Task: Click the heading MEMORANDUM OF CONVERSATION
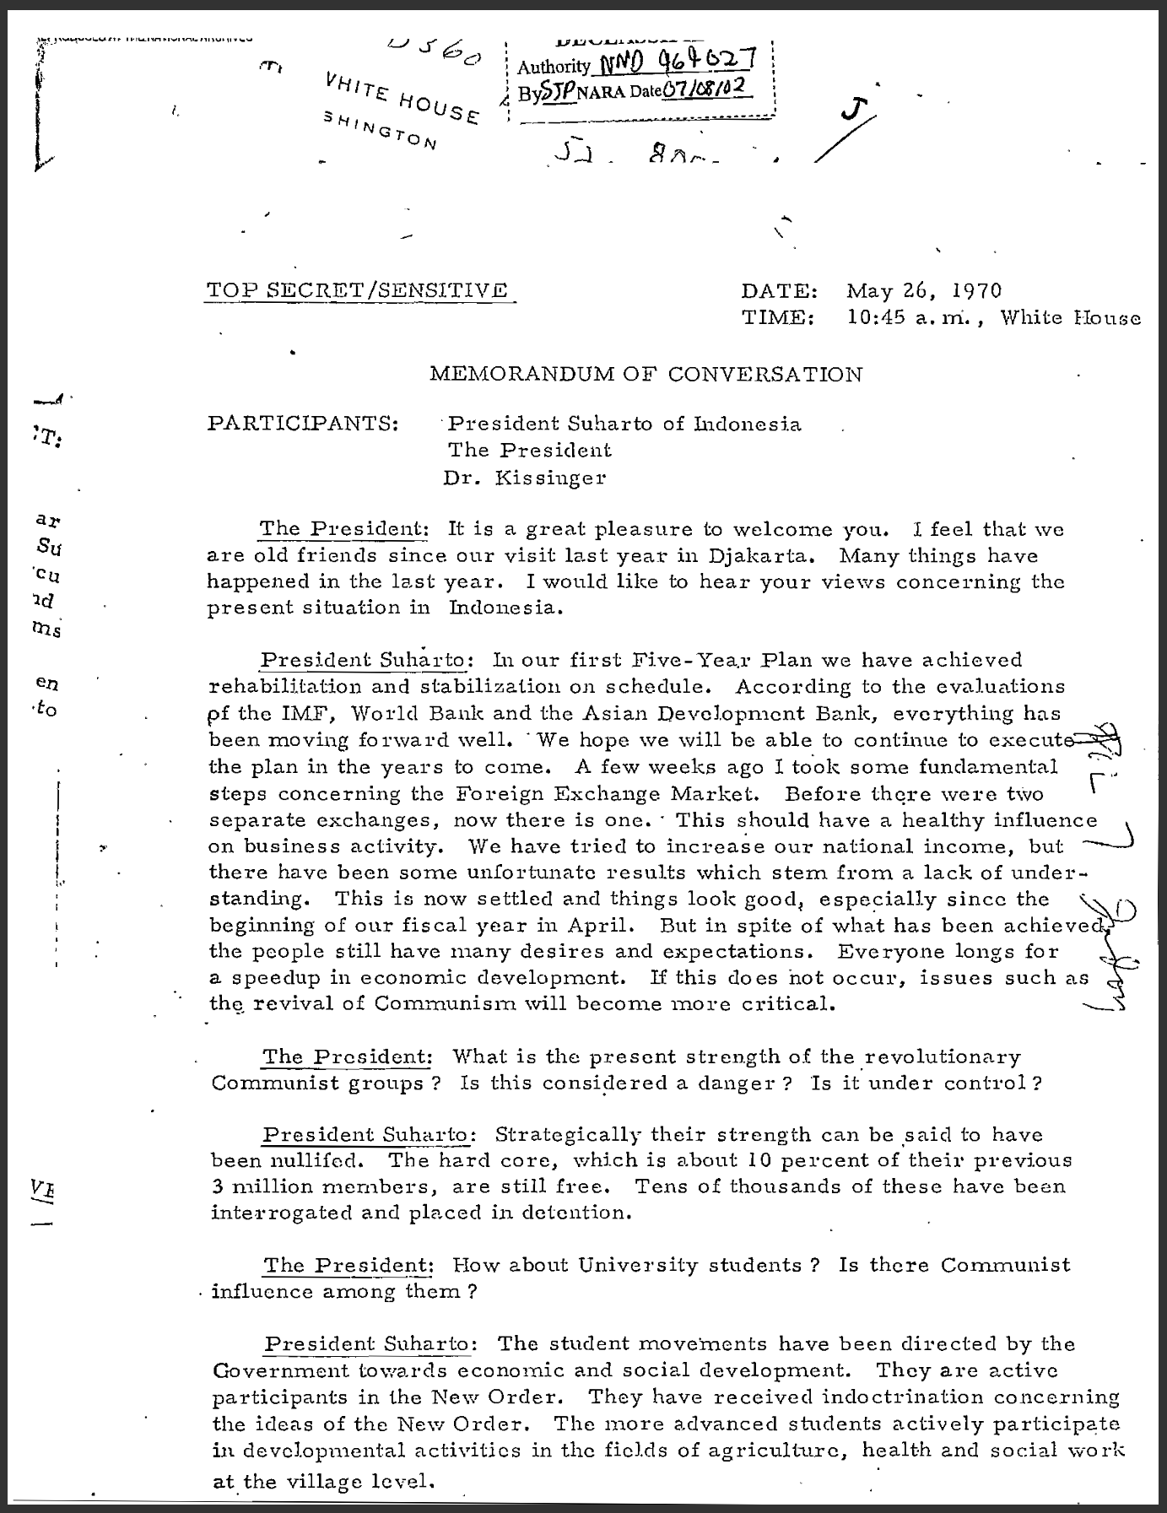[646, 374]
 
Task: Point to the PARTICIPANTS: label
[303, 423]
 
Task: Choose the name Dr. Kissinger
[525, 478]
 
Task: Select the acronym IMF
[305, 713]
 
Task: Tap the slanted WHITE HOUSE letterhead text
[403, 99]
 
